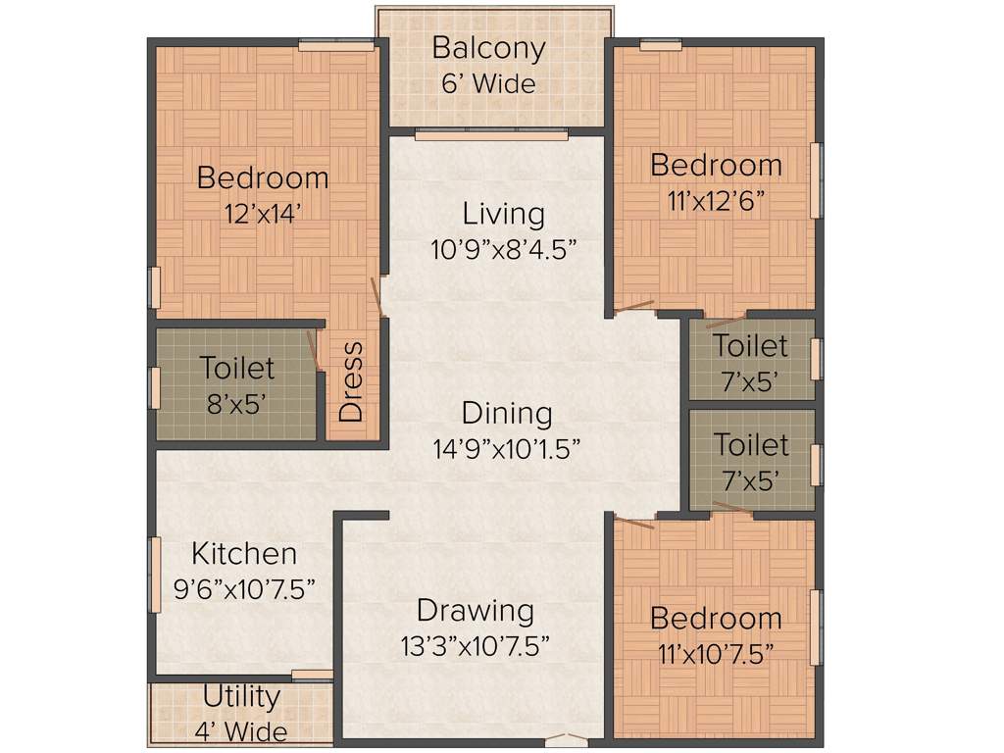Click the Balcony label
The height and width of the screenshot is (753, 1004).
click(x=488, y=48)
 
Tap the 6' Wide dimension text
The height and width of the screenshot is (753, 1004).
click(x=488, y=84)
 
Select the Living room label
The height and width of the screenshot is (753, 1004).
click(x=503, y=213)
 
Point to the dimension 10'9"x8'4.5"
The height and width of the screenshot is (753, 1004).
click(x=503, y=249)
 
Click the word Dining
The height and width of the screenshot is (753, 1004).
click(x=507, y=413)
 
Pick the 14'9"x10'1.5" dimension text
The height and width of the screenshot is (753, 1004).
click(x=507, y=449)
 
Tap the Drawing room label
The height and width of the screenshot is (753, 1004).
click(x=476, y=610)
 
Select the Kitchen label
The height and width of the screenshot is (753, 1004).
click(x=243, y=553)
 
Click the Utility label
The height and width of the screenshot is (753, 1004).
click(x=241, y=697)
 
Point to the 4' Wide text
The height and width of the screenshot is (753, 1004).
click(x=241, y=731)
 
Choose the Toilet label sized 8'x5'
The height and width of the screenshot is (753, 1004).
click(x=236, y=369)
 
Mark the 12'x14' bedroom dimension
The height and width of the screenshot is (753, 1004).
click(x=262, y=214)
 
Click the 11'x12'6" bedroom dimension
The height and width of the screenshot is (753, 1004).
click(x=715, y=200)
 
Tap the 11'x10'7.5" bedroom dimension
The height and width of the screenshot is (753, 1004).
click(x=715, y=654)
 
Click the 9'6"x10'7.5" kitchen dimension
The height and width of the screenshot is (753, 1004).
click(x=243, y=589)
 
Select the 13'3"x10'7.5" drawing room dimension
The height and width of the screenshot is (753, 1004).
click(x=476, y=646)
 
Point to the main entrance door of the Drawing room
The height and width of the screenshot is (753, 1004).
click(x=568, y=738)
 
